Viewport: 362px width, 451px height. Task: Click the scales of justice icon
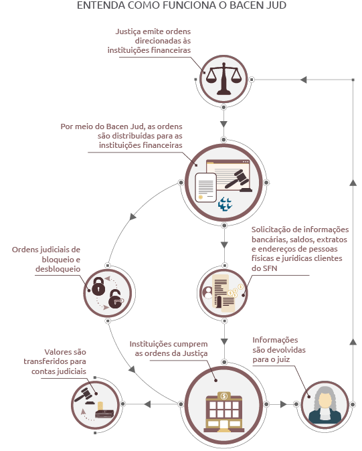point(223,79)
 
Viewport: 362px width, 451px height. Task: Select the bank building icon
point(223,412)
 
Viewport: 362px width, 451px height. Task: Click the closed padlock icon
point(98,286)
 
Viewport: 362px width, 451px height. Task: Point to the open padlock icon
point(116,300)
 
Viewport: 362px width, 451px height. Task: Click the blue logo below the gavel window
point(225,204)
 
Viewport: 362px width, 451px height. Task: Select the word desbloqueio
point(58,269)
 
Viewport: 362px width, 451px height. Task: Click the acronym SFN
point(264,268)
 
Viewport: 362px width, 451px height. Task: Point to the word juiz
point(282,359)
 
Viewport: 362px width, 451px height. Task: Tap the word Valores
point(58,352)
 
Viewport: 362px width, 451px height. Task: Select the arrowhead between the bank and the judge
point(284,404)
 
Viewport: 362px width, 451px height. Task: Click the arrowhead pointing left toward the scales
point(303,80)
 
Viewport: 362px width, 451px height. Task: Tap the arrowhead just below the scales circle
point(223,124)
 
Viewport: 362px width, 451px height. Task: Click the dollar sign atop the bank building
point(223,396)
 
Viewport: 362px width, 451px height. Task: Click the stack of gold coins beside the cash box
point(100,406)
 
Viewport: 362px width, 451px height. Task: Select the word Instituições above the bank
point(148,345)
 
